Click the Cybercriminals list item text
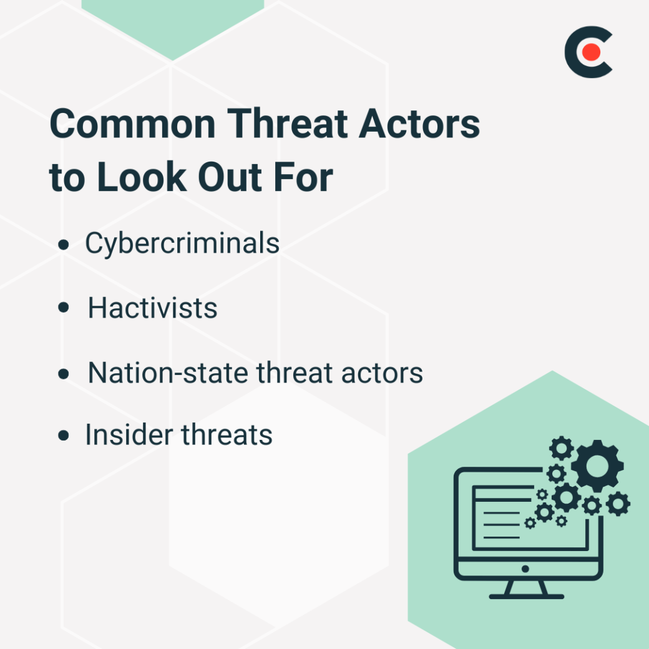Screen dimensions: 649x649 [x=182, y=243]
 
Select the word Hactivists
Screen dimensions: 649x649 [x=152, y=308]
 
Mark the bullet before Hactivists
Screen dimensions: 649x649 [x=63, y=309]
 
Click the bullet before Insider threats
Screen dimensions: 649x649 [x=63, y=436]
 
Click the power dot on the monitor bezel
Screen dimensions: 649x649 [x=525, y=569]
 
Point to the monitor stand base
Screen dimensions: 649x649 [x=526, y=596]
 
